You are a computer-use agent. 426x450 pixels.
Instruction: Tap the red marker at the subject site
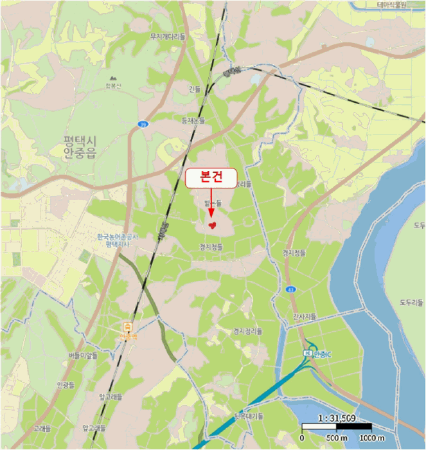(x=212, y=224)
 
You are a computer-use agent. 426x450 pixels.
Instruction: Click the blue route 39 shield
(x=143, y=123)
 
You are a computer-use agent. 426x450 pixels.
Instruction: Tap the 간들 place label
(x=195, y=89)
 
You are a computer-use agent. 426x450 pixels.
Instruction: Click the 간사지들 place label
(x=305, y=316)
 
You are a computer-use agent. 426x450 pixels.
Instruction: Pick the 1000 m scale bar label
(x=372, y=438)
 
